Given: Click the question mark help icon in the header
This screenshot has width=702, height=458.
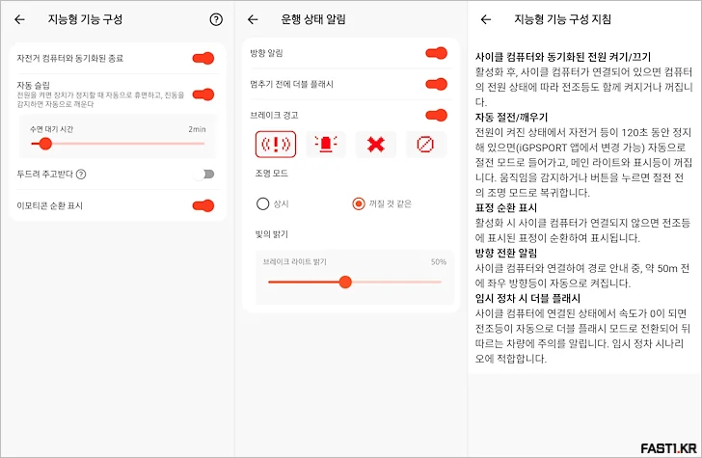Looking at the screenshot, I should (x=215, y=19).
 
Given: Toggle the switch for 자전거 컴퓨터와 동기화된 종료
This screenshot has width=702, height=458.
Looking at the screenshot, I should (x=202, y=59).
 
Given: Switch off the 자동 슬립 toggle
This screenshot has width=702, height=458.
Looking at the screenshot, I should (x=202, y=94).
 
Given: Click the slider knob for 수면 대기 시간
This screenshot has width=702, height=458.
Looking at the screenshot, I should (x=44, y=144).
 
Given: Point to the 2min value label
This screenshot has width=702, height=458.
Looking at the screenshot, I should (x=197, y=128).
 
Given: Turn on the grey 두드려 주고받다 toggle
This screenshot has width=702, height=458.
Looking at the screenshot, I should (x=202, y=175).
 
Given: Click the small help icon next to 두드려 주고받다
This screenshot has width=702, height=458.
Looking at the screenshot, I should (x=81, y=175).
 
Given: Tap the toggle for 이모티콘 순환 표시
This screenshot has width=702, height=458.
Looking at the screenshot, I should (x=202, y=205).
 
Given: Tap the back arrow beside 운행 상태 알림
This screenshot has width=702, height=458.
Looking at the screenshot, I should (x=254, y=19).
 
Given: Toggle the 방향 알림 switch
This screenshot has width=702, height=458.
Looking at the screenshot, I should (x=436, y=53).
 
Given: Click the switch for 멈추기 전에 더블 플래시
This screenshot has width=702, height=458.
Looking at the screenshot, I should (x=436, y=84).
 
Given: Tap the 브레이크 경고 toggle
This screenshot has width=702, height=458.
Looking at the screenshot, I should (x=436, y=115).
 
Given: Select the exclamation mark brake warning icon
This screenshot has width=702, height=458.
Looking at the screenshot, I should (x=275, y=145).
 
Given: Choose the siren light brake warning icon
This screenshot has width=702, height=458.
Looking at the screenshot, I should (x=326, y=145).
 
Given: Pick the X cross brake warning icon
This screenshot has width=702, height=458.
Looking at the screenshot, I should (x=375, y=145).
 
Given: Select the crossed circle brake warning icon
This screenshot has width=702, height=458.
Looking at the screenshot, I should (x=425, y=145).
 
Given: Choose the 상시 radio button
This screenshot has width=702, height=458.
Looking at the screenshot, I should (x=262, y=203).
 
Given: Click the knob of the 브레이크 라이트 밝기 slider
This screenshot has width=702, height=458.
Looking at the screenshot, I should (x=345, y=282).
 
